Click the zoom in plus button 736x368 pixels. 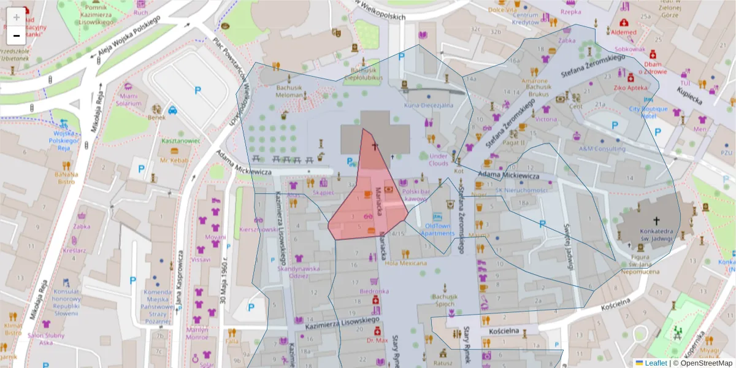pyautogui.click(x=16, y=17)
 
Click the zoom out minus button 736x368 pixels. pyautogui.click(x=16, y=36)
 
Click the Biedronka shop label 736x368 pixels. pyautogui.click(x=374, y=291)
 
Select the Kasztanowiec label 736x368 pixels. pyautogui.click(x=180, y=141)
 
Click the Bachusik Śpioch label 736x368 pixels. pyautogui.click(x=445, y=300)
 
